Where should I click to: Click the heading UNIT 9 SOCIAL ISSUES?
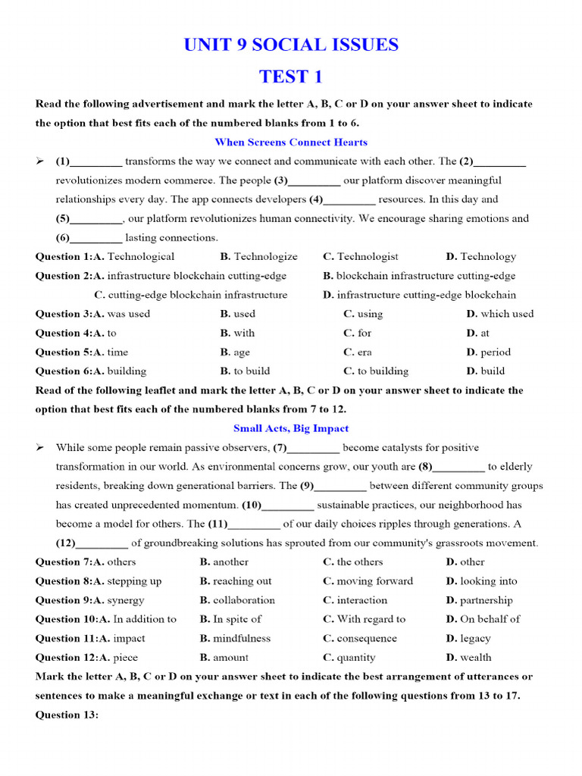pyautogui.click(x=291, y=45)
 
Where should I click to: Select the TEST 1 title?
pyautogui.click(x=291, y=77)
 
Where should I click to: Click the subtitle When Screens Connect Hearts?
pyautogui.click(x=291, y=142)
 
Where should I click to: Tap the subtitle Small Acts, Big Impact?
pyautogui.click(x=291, y=428)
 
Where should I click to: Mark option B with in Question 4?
pyautogui.click(x=238, y=333)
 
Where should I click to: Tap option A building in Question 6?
pyautogui.click(x=121, y=371)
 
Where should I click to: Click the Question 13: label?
pyautogui.click(x=67, y=715)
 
